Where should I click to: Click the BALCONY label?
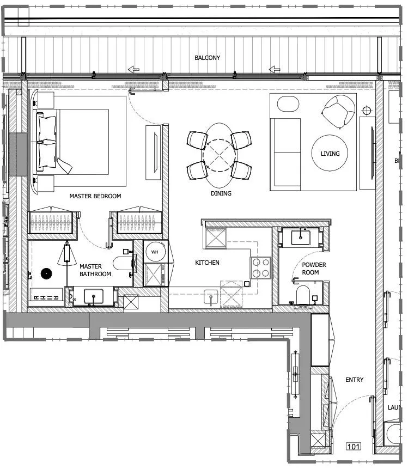click(207, 57)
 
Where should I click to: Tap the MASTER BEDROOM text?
click(95, 196)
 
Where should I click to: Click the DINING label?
click(221, 193)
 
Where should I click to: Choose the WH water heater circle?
click(155, 252)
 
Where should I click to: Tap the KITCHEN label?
click(207, 263)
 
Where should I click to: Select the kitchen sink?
click(211, 297)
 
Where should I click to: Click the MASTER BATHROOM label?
click(95, 270)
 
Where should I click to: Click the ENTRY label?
click(354, 380)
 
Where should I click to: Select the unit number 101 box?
click(354, 447)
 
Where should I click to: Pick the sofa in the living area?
click(286, 154)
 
